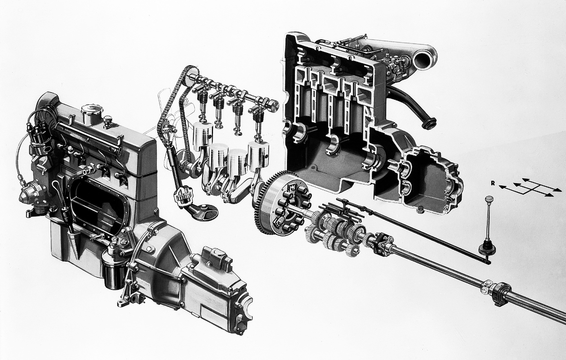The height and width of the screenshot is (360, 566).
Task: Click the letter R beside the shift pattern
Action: [x=492, y=184]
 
